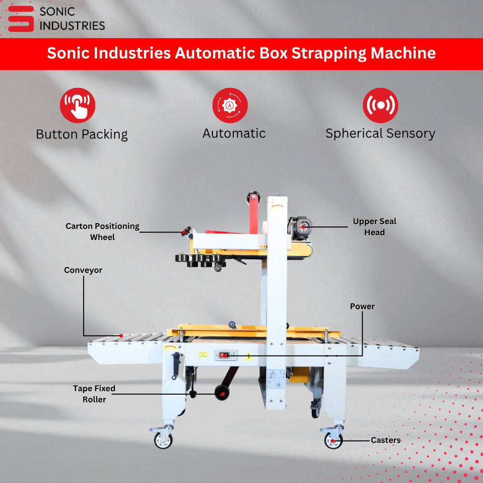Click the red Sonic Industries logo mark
[21, 18]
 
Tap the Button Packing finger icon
[78, 105]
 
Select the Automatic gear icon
[230, 105]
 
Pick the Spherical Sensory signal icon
[381, 105]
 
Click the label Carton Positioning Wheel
[102, 232]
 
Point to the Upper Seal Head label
[375, 227]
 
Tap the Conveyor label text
[83, 270]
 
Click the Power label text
[362, 306]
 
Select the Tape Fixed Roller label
[94, 394]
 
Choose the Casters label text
[385, 440]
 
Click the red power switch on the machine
[223, 355]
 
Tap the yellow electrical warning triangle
[249, 356]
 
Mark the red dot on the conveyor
[121, 336]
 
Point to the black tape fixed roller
[222, 393]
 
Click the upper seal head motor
[300, 228]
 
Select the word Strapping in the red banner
[329, 53]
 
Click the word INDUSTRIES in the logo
[72, 26]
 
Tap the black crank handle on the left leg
[176, 366]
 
